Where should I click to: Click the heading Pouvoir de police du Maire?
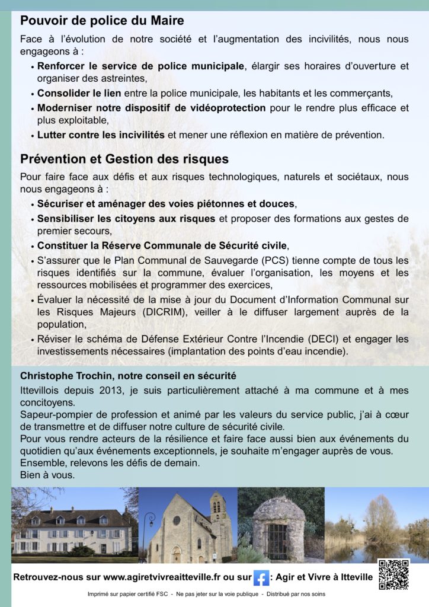[102, 21]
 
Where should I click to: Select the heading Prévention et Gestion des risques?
[124, 159]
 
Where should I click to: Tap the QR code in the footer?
[393, 574]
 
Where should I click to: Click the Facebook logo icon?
[261, 577]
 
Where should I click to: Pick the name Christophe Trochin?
[64, 376]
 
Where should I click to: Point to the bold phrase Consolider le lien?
[79, 93]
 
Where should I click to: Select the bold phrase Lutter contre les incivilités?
[101, 135]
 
